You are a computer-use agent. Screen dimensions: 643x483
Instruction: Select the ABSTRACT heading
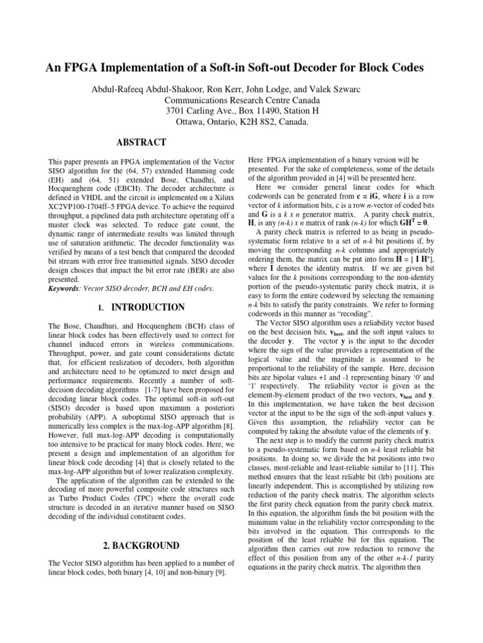click(x=141, y=143)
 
